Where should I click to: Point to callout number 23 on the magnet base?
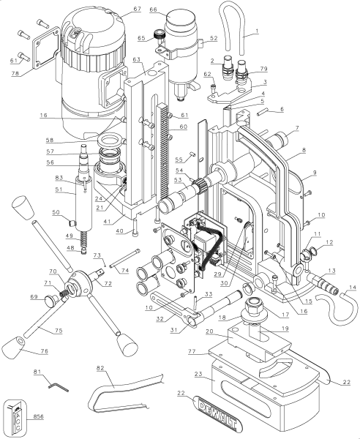click(x=198, y=374)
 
